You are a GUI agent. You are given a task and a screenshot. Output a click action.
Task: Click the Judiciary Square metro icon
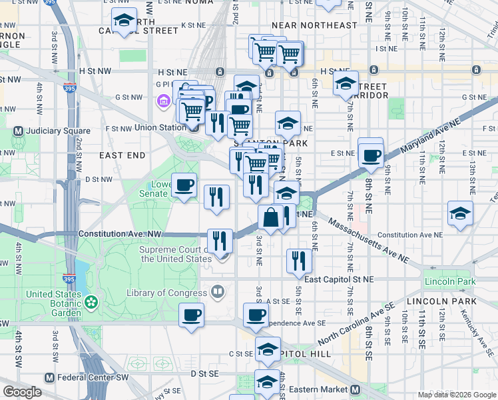click(18, 131)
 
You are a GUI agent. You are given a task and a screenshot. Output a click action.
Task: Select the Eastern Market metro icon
click(356, 389)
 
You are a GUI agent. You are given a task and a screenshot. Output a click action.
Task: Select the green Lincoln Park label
click(450, 281)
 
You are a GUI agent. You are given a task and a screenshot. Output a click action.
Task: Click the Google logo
click(23, 392)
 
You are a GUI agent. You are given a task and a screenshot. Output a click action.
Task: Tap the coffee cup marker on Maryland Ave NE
click(371, 156)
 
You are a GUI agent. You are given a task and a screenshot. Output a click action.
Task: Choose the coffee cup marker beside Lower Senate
click(184, 185)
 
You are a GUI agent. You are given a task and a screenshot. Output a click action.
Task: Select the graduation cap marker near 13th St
click(460, 213)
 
